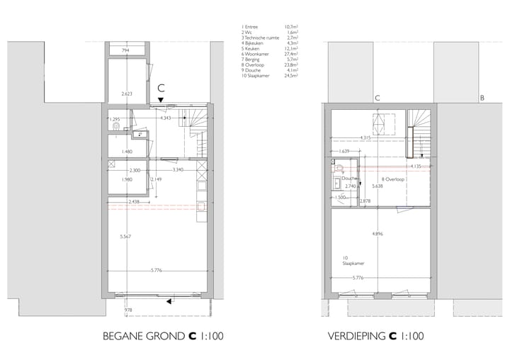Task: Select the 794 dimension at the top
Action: pos(126,51)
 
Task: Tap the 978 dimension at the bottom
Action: pos(128,310)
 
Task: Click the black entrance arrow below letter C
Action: pos(161,101)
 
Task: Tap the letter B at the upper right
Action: pos(482,99)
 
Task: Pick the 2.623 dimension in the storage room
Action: pos(127,94)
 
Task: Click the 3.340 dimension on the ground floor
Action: pos(179,170)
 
